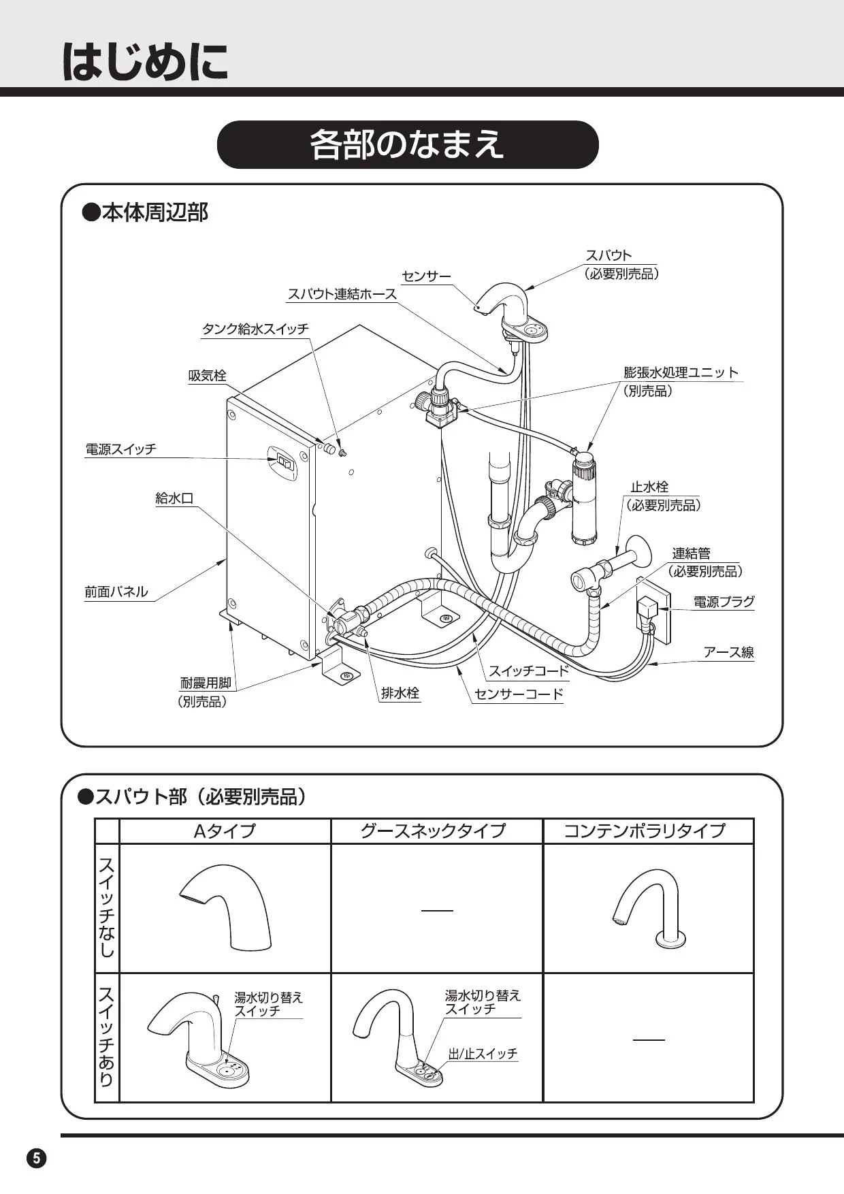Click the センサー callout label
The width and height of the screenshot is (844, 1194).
(x=426, y=276)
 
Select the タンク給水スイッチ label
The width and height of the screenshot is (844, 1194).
(x=255, y=329)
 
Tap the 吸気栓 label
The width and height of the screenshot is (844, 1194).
(x=207, y=376)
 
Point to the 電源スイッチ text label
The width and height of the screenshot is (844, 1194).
(x=120, y=449)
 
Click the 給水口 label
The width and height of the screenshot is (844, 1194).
(x=174, y=498)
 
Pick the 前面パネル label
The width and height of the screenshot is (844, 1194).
(x=116, y=592)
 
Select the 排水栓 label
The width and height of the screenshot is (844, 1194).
(x=400, y=694)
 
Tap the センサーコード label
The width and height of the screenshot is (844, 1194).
(x=519, y=694)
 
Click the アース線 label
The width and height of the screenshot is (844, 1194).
(x=728, y=652)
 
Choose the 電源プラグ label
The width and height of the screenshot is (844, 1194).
(x=724, y=602)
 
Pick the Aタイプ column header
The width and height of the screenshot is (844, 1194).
(x=225, y=831)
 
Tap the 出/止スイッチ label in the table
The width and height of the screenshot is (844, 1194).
(x=483, y=1054)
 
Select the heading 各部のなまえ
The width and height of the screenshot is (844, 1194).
(x=407, y=144)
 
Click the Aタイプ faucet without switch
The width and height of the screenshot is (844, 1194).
(x=227, y=907)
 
